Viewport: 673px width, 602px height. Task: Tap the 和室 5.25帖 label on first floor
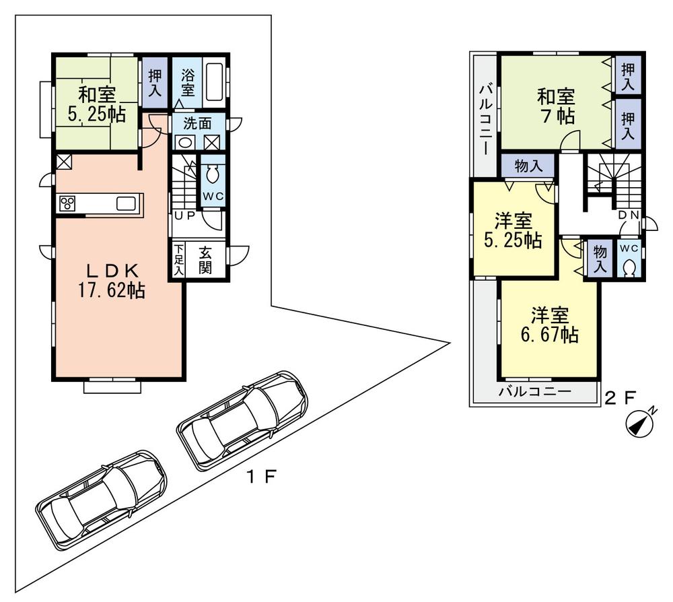(96, 104)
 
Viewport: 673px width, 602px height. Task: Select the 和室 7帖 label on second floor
(556, 106)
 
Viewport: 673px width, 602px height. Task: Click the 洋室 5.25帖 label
(513, 231)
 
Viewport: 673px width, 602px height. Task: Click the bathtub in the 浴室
(215, 82)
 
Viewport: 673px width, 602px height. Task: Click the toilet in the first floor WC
(213, 175)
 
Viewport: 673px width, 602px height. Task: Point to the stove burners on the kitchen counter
(69, 203)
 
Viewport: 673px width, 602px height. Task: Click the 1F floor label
(260, 477)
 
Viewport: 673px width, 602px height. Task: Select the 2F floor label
(619, 397)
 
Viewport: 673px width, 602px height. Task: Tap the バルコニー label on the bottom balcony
(534, 391)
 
